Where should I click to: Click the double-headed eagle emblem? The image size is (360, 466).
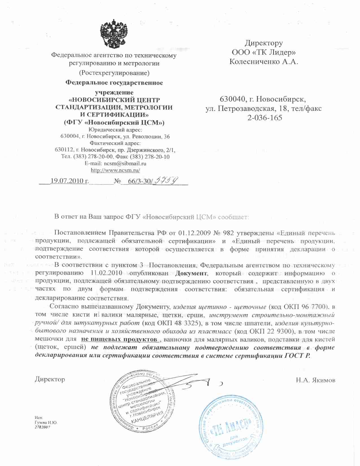pyautogui.click(x=114, y=33)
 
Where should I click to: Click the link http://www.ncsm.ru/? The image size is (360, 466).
pyautogui.click(x=115, y=170)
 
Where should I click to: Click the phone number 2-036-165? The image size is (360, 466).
pyautogui.click(x=264, y=118)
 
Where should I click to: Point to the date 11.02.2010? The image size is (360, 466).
pyautogui.click(x=107, y=273)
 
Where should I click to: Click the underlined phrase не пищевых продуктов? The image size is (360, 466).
pyautogui.click(x=119, y=339)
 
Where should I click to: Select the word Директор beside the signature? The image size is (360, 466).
pyautogui.click(x=50, y=379)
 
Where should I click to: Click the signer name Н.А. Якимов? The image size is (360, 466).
pyautogui.click(x=316, y=380)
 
